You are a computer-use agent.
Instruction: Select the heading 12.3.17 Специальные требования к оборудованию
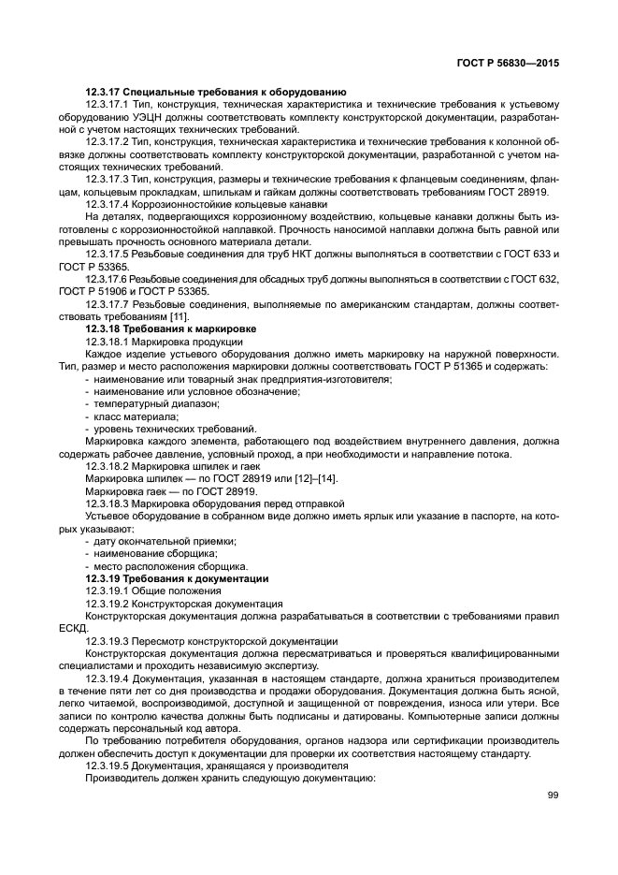click(216, 92)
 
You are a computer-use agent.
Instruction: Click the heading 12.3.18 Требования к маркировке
click(170, 329)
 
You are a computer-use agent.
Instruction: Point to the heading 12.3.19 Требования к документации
click(176, 579)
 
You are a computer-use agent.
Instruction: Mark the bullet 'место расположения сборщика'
click(170, 566)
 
